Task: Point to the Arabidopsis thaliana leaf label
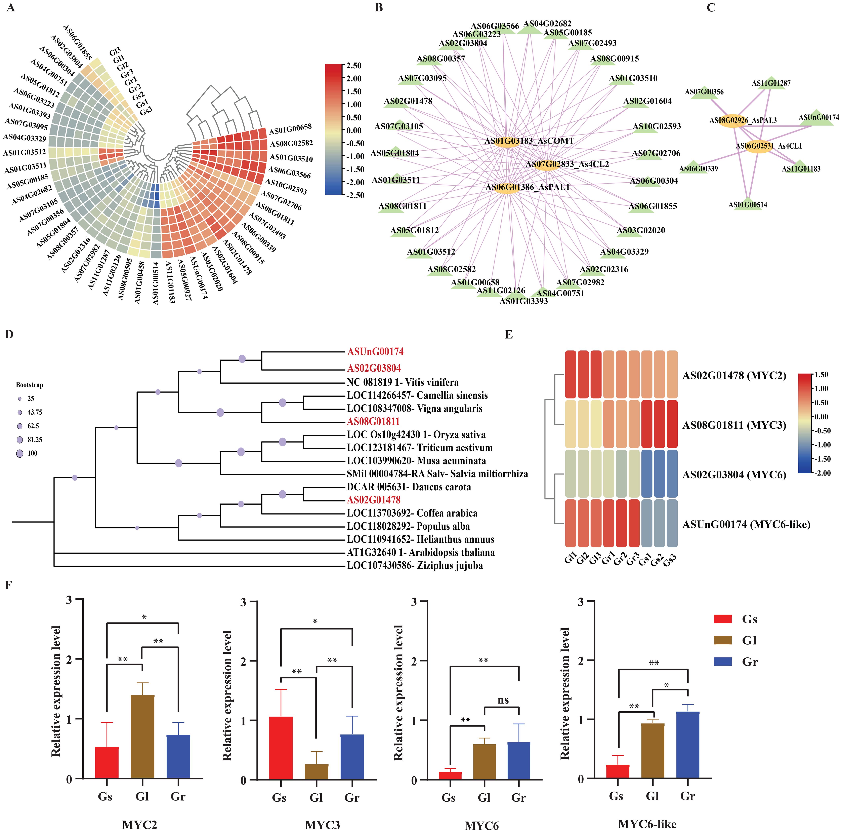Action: click(421, 553)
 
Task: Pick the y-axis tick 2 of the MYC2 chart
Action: click(69, 659)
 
